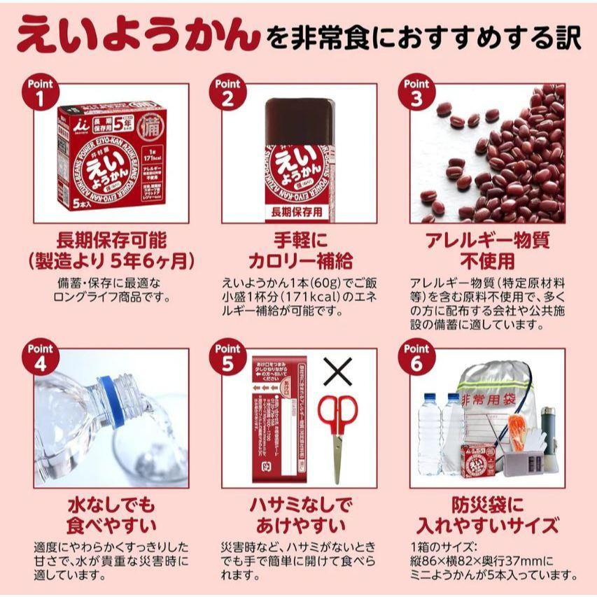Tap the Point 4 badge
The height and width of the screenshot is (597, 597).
click(x=41, y=356)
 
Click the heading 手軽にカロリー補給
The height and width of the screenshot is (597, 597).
click(x=300, y=251)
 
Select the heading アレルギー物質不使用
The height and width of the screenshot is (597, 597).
click(x=488, y=251)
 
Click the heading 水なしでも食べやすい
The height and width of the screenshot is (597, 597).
click(x=111, y=515)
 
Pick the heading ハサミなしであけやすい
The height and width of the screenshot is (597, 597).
click(x=300, y=515)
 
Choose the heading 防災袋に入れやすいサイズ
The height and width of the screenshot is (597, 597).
click(x=488, y=515)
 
